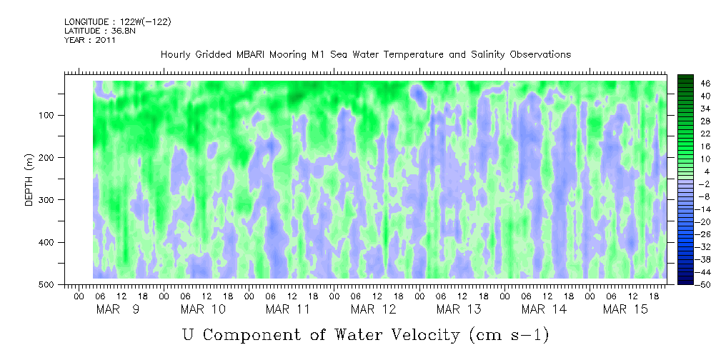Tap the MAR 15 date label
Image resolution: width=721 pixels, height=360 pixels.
[625, 309]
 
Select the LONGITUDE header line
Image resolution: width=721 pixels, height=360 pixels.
[117, 22]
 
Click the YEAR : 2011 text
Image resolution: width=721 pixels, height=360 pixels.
[90, 40]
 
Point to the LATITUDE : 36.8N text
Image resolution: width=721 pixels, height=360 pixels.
[101, 31]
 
